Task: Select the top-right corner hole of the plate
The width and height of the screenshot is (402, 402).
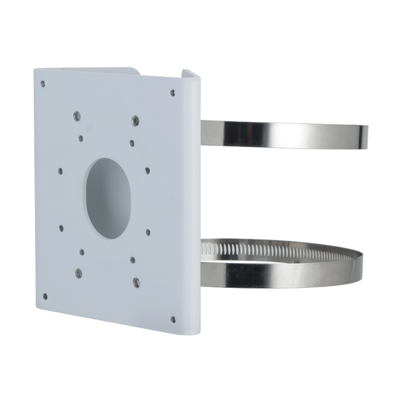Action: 172,93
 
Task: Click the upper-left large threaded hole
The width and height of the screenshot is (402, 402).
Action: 75,115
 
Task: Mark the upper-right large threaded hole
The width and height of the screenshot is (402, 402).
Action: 135,118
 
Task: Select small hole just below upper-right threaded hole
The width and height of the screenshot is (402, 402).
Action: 132,142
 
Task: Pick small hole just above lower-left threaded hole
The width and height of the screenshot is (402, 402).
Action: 81,252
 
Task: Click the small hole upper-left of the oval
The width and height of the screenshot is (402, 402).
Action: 60,168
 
